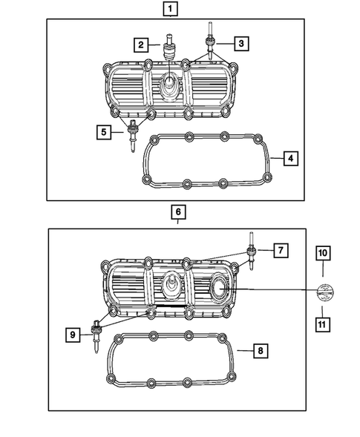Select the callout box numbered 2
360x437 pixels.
(140, 46)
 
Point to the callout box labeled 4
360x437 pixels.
(292, 158)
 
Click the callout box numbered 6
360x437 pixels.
(178, 212)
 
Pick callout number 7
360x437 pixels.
(280, 251)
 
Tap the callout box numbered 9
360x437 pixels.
(73, 335)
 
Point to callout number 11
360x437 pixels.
(323, 323)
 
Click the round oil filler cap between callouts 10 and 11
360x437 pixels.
(323, 290)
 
